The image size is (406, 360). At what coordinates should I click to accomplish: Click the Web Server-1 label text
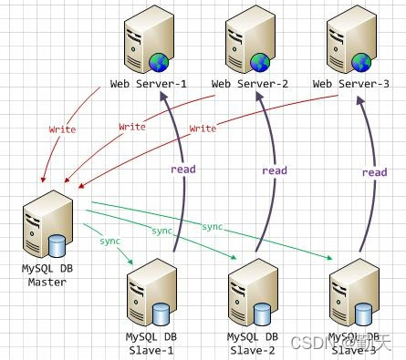click(x=147, y=84)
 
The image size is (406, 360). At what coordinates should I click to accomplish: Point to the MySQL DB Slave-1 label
click(x=148, y=343)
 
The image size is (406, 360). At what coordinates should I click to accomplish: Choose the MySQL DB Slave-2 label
click(x=249, y=343)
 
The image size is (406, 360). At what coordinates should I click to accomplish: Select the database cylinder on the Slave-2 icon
click(x=263, y=314)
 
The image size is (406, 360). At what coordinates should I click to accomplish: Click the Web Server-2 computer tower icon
click(x=245, y=41)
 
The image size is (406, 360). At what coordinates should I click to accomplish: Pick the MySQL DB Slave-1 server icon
click(x=146, y=297)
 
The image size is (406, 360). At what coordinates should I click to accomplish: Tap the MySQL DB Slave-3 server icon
click(x=351, y=297)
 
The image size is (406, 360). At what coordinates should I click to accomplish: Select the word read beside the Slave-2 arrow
click(x=274, y=170)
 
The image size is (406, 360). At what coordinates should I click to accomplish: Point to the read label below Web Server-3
click(x=374, y=172)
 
